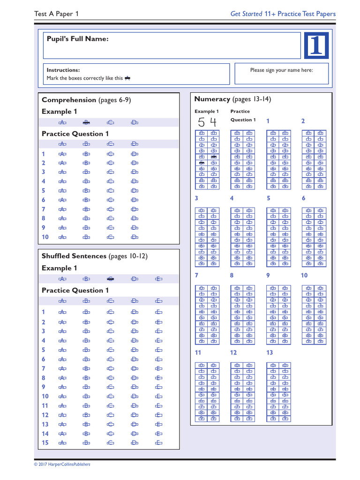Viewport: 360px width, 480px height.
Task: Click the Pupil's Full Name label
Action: (77, 39)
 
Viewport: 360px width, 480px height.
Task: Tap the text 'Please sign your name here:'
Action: (281, 70)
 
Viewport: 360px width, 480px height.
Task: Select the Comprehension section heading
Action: (68, 100)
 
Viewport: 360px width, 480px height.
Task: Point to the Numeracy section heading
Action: (212, 99)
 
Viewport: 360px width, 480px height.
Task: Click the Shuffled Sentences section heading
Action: (74, 256)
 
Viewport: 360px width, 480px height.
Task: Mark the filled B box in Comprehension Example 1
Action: (86, 123)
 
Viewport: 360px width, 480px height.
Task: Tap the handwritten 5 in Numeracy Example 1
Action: (202, 123)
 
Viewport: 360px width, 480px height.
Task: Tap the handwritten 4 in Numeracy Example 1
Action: (213, 123)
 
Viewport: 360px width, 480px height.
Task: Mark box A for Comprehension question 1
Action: (62, 154)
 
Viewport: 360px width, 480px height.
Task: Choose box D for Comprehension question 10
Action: (135, 237)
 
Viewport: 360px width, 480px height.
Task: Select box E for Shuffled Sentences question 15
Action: (159, 442)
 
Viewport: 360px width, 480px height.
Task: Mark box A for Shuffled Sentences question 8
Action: (62, 378)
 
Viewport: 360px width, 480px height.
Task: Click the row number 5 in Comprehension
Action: (44, 191)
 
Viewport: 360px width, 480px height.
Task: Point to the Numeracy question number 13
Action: (270, 352)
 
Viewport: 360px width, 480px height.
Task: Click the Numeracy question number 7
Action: (197, 275)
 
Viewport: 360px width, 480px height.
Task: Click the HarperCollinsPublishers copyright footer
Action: (62, 464)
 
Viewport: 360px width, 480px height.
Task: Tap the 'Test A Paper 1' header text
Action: (57, 14)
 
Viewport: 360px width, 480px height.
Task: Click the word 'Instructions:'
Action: (63, 70)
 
